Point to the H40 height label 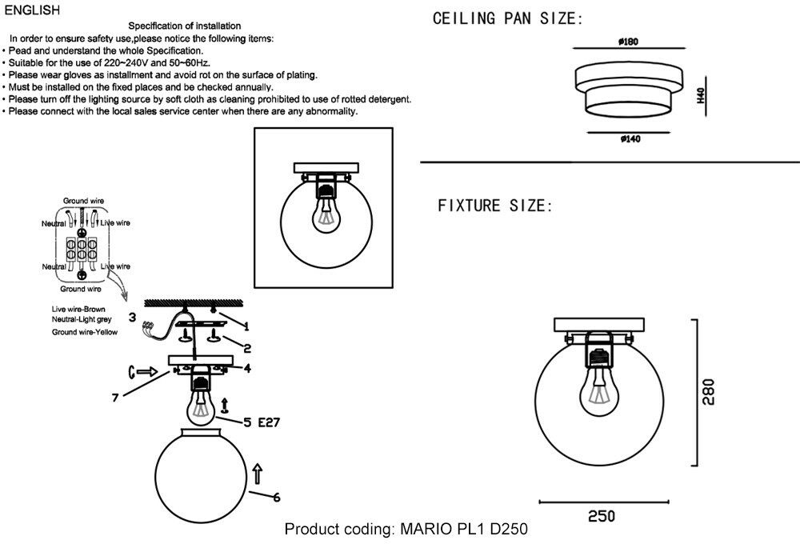(x=699, y=96)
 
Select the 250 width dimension (x=602, y=517)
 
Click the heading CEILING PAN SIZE (x=507, y=19)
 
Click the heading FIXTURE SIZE (x=494, y=206)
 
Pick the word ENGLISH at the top (x=32, y=10)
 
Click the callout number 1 (x=246, y=326)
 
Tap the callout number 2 (x=247, y=348)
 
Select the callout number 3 (x=132, y=317)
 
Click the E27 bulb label (x=267, y=422)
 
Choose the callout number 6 (x=277, y=498)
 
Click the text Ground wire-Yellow (x=85, y=331)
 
